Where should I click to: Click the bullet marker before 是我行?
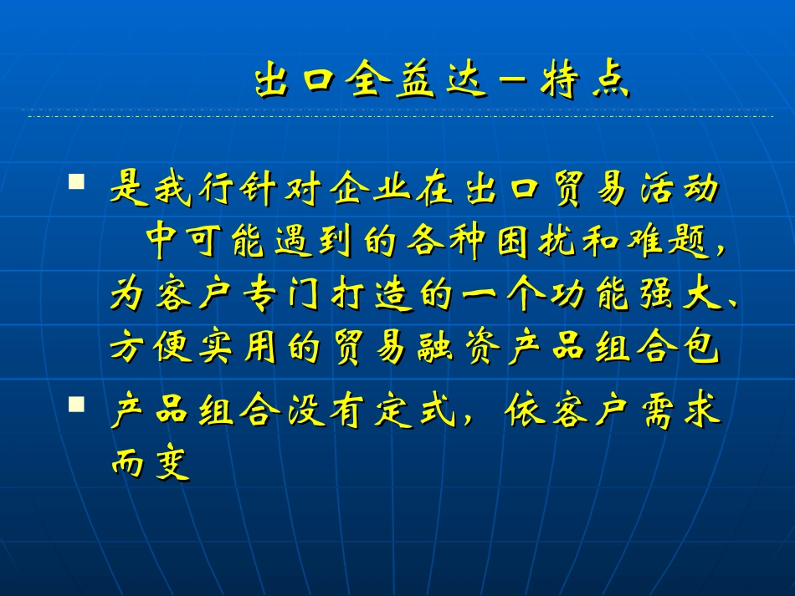pos(77,181)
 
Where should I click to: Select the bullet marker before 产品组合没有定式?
pos(77,404)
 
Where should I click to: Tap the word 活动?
pos(675,191)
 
